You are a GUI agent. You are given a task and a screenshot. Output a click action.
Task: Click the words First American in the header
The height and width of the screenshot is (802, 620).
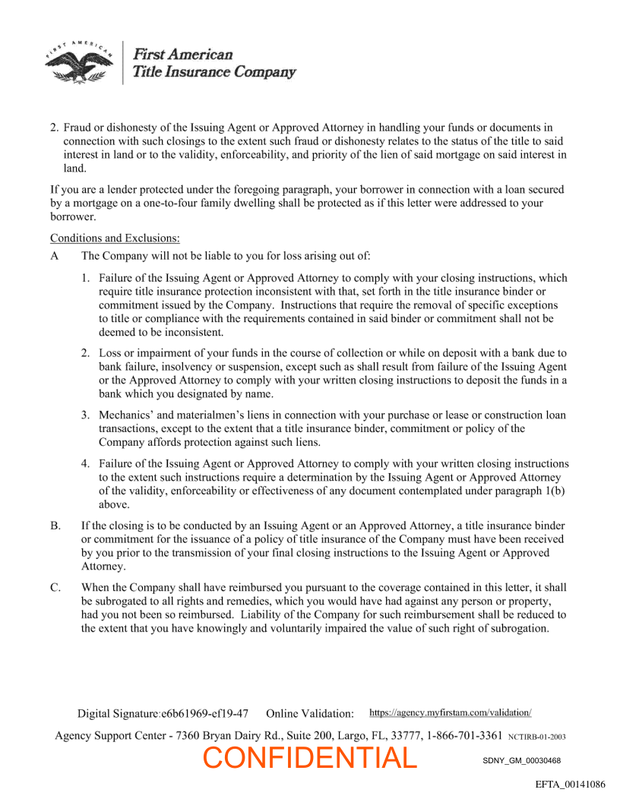[x=182, y=55]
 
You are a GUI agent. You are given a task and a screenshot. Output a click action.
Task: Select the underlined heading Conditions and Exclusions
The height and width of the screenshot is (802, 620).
[x=115, y=238]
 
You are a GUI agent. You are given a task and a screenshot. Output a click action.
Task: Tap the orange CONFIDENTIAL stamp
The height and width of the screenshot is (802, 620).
[x=310, y=757]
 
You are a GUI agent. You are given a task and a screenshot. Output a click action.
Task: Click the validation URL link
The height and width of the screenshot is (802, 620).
[x=450, y=712]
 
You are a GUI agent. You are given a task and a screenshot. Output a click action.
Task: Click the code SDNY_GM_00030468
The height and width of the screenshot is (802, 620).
[x=521, y=760]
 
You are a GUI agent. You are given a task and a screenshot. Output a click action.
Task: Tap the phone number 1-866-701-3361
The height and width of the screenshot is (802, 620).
[x=464, y=735]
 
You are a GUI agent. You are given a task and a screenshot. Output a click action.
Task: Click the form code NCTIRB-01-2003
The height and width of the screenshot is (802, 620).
[x=536, y=737]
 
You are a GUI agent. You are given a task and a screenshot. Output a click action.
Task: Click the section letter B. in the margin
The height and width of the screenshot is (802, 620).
[x=55, y=526]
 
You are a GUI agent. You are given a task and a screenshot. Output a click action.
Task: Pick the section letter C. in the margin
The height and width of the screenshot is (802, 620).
[x=55, y=587]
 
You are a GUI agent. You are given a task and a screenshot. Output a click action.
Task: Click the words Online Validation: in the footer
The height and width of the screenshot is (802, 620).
[x=310, y=714]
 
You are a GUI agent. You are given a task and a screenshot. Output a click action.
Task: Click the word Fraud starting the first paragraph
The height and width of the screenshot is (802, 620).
[x=78, y=128]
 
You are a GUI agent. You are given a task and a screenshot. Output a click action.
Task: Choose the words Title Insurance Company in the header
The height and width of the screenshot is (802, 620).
[x=214, y=72]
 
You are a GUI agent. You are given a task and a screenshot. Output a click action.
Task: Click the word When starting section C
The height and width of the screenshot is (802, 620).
[x=96, y=587]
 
